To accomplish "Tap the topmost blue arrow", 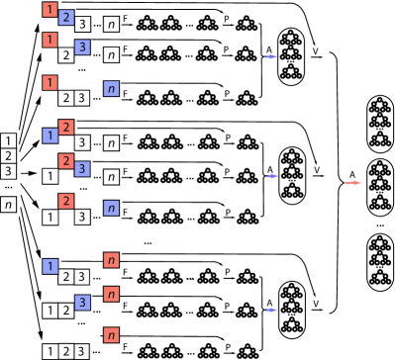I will click(270, 57).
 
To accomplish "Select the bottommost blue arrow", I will click(270, 310).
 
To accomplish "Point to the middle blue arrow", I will click(270, 176).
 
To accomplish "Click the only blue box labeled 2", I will click(65, 18).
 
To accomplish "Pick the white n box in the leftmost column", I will click(9, 205).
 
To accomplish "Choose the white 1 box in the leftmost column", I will click(9, 140).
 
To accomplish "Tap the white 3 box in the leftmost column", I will click(9, 171).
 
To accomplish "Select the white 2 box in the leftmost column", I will click(9, 155).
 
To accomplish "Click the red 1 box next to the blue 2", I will click(49, 10).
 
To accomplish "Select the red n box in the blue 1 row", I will click(111, 260).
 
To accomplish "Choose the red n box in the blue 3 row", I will click(111, 294).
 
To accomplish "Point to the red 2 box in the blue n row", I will click(65, 201).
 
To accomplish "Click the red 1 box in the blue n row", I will click(49, 81).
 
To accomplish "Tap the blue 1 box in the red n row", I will click(49, 266).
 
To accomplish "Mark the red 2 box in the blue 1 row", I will click(65, 128).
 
